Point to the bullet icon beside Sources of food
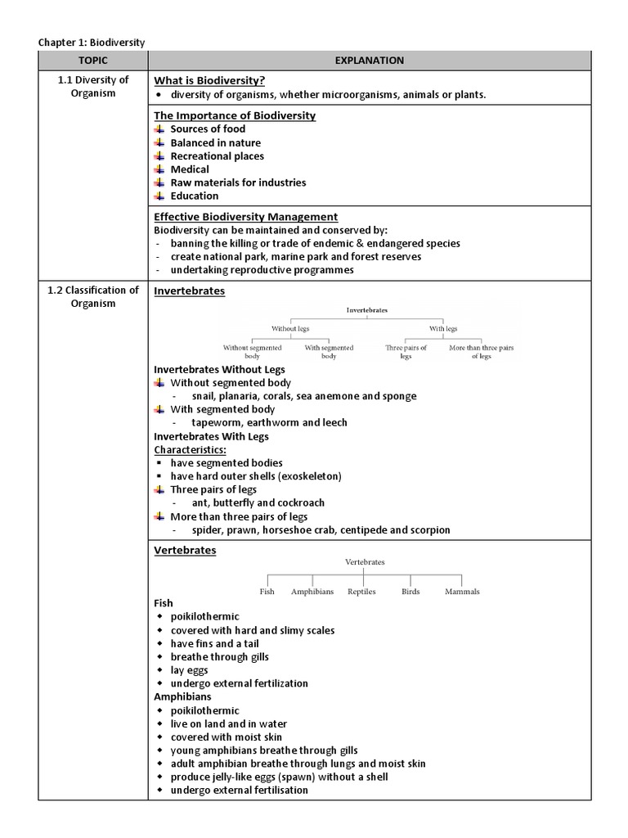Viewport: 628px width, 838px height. [x=159, y=129]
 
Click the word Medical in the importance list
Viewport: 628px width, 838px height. [x=189, y=169]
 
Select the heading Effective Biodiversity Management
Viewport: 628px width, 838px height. [x=245, y=217]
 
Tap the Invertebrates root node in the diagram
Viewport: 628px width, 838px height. [x=367, y=310]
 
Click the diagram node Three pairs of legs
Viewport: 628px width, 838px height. [x=406, y=352]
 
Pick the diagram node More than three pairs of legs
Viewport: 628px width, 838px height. [x=481, y=352]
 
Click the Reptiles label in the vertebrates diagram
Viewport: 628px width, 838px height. [x=361, y=592]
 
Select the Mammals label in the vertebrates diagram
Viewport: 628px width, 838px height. [x=462, y=592]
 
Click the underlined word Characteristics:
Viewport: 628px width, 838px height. [x=191, y=449]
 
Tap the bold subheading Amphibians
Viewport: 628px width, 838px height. [x=182, y=696]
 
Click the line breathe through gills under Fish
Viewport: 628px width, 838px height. [x=219, y=656]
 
